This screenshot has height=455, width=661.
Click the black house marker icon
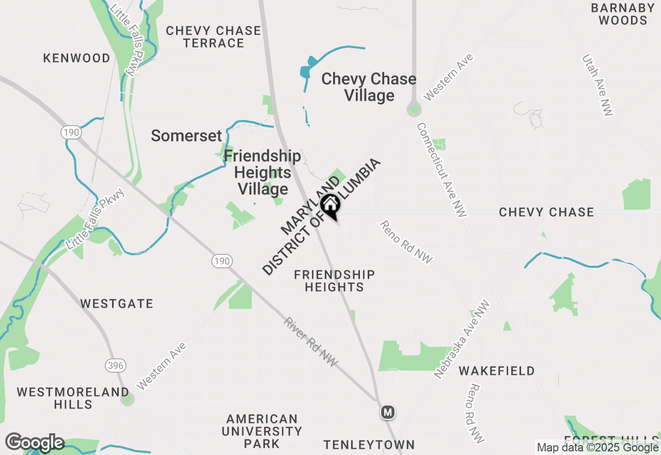coord(330,205)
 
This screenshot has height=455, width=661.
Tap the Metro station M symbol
coord(388,412)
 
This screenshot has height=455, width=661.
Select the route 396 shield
coord(116,366)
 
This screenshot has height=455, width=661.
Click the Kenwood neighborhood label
coord(76,58)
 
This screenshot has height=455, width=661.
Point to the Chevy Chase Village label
coord(369,87)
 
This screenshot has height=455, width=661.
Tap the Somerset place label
coord(186,136)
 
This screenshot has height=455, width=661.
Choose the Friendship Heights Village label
coord(262,172)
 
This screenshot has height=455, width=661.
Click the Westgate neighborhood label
coord(117,304)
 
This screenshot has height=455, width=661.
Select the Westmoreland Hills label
coord(73,398)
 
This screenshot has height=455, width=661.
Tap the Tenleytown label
coord(369,445)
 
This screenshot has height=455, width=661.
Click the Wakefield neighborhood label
coord(497,371)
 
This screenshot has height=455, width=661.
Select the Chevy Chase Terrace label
coord(213,37)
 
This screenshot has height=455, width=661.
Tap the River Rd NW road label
coord(310,342)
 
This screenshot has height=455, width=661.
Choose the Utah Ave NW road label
coord(597,85)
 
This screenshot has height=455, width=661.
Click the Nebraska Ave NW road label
coord(462,339)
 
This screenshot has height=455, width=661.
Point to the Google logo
coord(35,443)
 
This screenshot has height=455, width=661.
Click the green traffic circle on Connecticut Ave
coord(414,110)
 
